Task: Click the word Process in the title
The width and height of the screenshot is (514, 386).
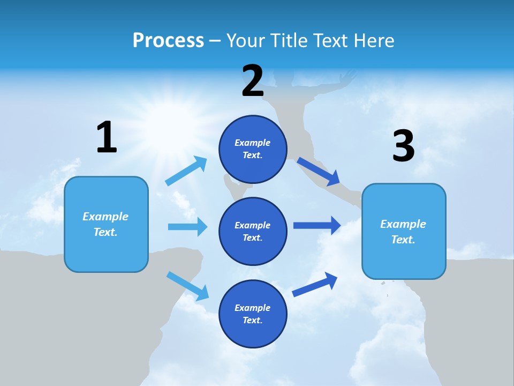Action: [168, 41]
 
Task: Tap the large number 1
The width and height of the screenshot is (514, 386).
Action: [107, 137]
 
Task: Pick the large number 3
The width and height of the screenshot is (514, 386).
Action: [403, 146]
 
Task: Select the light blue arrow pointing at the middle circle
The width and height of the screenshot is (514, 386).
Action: [187, 227]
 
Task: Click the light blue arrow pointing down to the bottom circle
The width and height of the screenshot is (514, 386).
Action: [187, 286]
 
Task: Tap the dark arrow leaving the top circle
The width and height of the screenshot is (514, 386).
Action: [319, 170]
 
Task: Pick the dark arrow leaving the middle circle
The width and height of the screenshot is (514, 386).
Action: [317, 226]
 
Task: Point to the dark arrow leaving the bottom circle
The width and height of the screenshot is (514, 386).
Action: [315, 284]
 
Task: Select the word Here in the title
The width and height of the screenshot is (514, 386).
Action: [374, 41]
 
